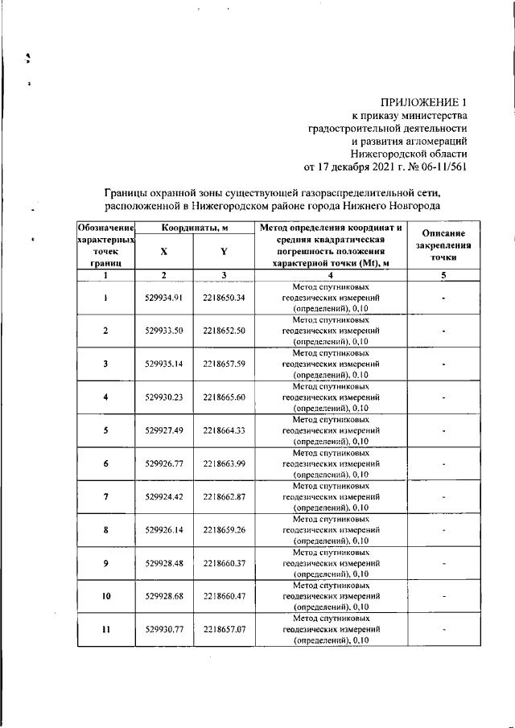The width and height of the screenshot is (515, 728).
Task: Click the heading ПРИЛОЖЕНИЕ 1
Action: (425, 102)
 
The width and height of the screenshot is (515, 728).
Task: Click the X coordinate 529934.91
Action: (164, 298)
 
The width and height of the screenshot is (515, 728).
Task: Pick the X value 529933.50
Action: (164, 331)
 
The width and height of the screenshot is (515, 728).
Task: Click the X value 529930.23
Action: (164, 397)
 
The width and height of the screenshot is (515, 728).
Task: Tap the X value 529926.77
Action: (164, 463)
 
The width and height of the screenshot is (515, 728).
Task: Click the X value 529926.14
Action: (164, 530)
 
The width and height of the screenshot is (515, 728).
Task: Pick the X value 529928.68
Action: (164, 596)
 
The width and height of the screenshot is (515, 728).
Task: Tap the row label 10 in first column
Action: (105, 596)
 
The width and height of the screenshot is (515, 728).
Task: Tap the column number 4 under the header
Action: (331, 275)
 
